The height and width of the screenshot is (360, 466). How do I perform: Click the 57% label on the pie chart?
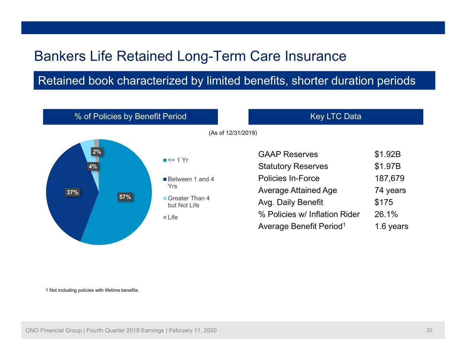coord(125,197)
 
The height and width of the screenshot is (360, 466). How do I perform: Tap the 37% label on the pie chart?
coord(72,192)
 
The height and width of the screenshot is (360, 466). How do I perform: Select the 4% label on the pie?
coord(93,166)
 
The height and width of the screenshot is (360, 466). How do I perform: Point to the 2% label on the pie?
coord(97,152)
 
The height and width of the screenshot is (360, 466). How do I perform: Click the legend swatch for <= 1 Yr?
coord(165,160)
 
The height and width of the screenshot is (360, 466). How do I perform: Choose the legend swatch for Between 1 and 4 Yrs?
coord(165,179)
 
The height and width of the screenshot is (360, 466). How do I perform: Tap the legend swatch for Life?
coord(165,217)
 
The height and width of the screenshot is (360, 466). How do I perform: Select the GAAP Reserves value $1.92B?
coord(387,154)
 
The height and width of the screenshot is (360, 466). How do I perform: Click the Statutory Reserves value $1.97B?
coord(387,166)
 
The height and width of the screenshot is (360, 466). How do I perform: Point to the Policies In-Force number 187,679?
coord(390,178)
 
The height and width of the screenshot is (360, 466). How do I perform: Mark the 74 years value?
coord(390,190)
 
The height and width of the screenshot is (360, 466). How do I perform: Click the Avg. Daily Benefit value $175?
coord(384,202)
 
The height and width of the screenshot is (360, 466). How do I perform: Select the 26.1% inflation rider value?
coord(386,214)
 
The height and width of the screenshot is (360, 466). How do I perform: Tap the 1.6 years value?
coord(391,226)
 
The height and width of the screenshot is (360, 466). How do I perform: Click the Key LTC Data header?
coord(336,116)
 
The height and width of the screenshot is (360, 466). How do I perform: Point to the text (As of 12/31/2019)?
coord(233,133)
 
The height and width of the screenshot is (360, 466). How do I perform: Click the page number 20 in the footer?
coord(429,330)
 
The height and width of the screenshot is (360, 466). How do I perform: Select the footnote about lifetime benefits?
coord(92,290)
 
